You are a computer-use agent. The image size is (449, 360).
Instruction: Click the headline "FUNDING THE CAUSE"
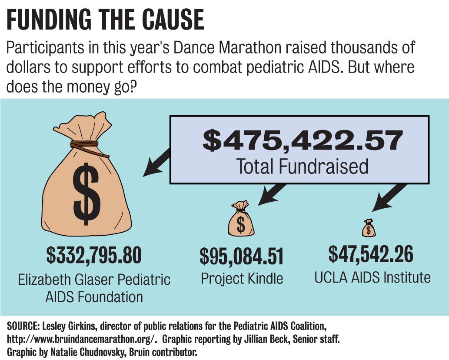[x=105, y=20]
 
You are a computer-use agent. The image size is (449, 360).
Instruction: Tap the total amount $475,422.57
[x=303, y=141]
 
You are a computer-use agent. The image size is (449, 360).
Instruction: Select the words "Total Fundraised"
[x=302, y=166]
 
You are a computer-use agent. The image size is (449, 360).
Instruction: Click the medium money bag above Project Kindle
[x=240, y=220]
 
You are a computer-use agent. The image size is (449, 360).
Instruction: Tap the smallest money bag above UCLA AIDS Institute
[x=369, y=228]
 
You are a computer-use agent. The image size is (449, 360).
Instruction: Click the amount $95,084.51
[x=241, y=257]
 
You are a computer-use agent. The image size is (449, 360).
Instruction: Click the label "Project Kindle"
[x=242, y=278]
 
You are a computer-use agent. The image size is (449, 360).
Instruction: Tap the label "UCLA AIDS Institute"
[x=373, y=277]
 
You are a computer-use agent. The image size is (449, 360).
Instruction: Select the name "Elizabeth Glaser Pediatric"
[x=94, y=279]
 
